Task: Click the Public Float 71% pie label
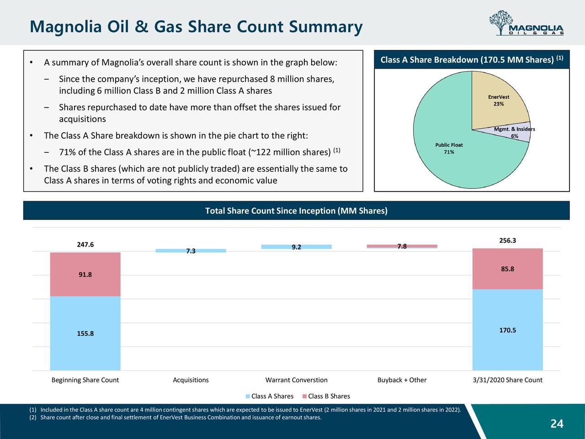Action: pos(449,149)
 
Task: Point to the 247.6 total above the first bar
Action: pos(85,245)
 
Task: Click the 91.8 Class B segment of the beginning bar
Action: pos(85,274)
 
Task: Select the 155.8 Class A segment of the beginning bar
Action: pos(85,333)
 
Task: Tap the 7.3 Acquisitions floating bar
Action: pos(191,251)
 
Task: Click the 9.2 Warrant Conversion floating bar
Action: pos(296,247)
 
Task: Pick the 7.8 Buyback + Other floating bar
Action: pos(402,246)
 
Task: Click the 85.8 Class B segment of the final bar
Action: pos(507,269)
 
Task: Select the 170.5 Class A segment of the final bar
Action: pos(507,330)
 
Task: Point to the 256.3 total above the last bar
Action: pos(507,241)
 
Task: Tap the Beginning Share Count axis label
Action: pos(85,380)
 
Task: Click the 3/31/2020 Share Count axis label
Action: pos(507,380)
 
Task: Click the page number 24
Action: pos(557,424)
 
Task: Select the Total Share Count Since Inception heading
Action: pos(296,211)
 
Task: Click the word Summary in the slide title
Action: pos(325,27)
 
